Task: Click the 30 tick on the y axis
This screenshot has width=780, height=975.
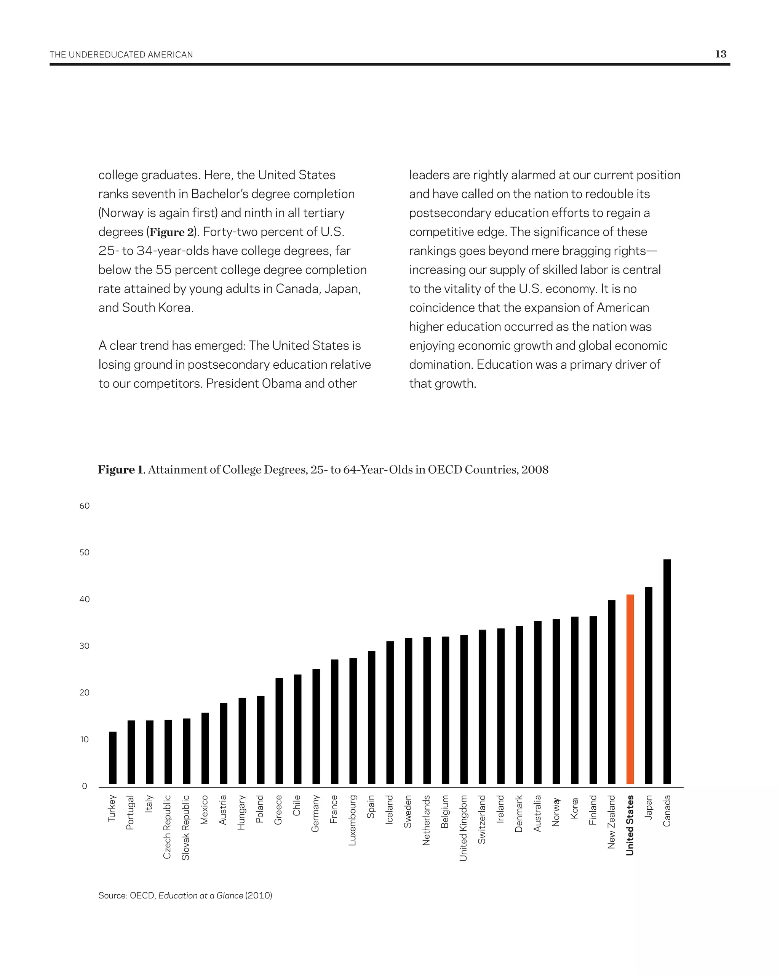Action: (85, 646)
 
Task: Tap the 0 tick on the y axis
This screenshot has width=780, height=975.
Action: (85, 786)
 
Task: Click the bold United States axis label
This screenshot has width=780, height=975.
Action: (630, 825)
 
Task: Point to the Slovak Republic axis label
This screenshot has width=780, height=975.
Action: (186, 827)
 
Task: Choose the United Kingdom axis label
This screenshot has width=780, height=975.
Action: (464, 828)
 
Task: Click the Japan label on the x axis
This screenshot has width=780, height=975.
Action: (649, 807)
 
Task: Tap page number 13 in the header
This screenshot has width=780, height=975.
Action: (720, 54)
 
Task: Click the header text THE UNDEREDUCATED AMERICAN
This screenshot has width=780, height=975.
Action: (121, 55)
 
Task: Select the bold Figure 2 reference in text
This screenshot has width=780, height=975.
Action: (171, 232)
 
